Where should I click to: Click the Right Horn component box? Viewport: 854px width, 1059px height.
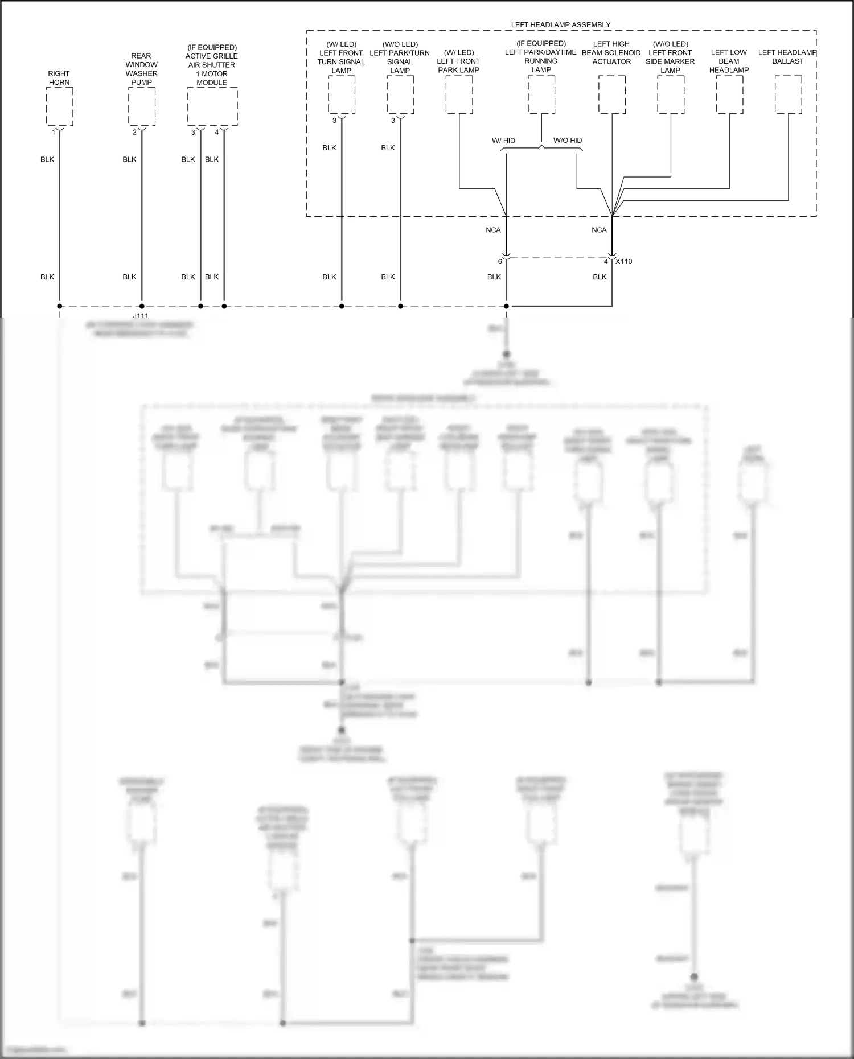(59, 106)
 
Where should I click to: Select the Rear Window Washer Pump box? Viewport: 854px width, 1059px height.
(141, 106)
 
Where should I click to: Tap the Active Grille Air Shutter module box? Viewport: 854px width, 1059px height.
(212, 106)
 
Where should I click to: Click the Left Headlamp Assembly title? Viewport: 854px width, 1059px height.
(560, 25)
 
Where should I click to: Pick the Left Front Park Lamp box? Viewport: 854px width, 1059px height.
(459, 94)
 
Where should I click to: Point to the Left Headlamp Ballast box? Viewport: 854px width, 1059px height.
(788, 94)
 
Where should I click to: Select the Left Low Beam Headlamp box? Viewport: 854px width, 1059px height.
(729, 94)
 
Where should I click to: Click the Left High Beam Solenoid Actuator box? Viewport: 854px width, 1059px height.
(611, 94)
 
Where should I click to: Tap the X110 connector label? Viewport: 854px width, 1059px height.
(624, 262)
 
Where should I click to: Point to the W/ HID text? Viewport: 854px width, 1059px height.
(503, 141)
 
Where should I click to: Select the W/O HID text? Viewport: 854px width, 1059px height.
(568, 141)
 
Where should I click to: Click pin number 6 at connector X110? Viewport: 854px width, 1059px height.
(500, 262)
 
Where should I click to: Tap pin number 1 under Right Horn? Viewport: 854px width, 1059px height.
(54, 133)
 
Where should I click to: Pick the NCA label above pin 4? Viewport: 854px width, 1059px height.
(599, 230)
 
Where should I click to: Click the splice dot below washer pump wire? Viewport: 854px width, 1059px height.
(142, 306)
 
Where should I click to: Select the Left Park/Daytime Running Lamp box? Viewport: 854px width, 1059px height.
(541, 94)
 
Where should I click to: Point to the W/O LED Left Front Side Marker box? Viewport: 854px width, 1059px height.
(670, 94)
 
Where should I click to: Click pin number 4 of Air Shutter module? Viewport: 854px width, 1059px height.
(217, 133)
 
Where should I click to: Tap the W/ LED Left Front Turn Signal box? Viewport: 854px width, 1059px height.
(342, 94)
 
